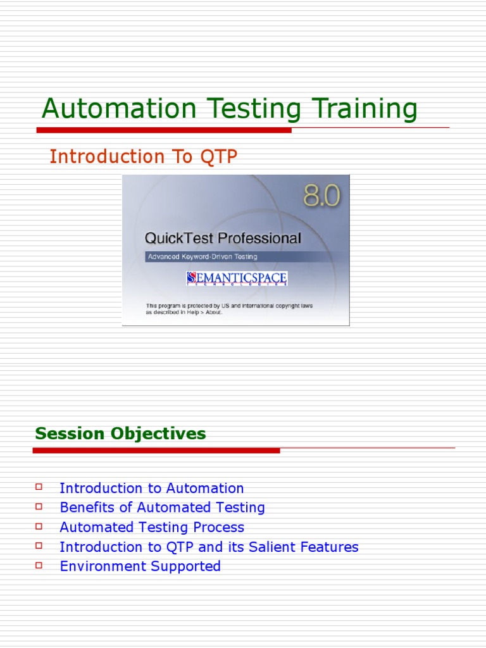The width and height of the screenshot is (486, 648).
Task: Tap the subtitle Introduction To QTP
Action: [x=144, y=156]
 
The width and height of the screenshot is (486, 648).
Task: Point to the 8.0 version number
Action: [x=321, y=197]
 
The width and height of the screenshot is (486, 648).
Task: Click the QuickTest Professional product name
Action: [x=223, y=239]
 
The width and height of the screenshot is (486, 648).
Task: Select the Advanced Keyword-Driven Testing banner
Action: [x=202, y=256]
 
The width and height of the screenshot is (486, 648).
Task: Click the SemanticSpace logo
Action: [x=237, y=278]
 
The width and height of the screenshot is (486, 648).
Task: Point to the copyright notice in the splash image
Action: [x=229, y=309]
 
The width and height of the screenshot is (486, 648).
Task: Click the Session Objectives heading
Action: [x=120, y=433]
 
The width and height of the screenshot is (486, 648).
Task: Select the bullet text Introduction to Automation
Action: [x=151, y=488]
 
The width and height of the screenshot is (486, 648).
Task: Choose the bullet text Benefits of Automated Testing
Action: [x=162, y=508]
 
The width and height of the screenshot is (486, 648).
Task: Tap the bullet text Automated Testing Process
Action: [x=151, y=527]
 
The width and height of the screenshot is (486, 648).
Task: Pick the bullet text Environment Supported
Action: [x=140, y=566]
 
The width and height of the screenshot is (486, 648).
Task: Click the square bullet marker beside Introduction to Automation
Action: [x=39, y=487]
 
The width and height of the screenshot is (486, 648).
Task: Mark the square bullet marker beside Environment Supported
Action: [x=39, y=564]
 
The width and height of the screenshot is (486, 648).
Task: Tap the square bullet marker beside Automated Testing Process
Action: [x=39, y=526]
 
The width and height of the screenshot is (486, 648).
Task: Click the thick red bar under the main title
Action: [x=164, y=130]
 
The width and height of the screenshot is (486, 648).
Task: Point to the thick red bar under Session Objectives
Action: [x=156, y=451]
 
